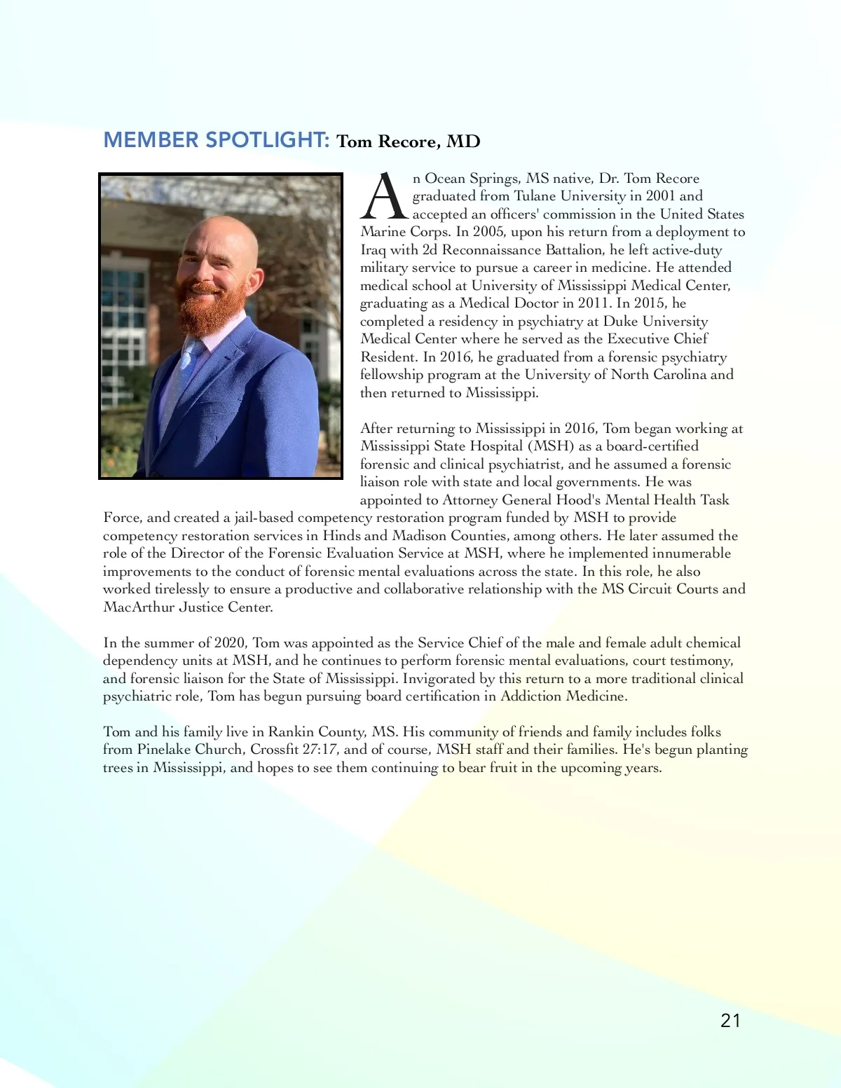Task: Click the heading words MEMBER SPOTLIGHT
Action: tap(216, 140)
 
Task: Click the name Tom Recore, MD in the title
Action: tap(408, 142)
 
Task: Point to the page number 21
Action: tap(730, 1021)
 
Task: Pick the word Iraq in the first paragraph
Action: tap(374, 250)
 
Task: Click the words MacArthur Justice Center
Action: tap(187, 607)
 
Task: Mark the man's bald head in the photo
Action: tap(217, 235)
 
